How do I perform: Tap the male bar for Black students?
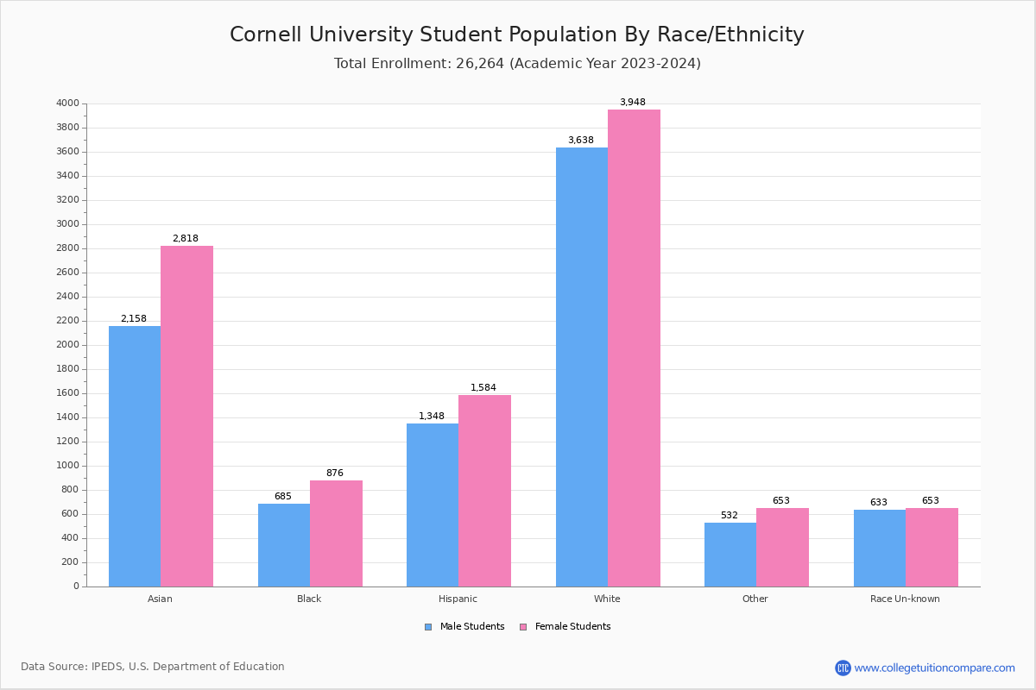point(284,544)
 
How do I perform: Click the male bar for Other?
point(730,554)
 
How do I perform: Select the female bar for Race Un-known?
point(932,547)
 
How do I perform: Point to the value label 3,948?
point(632,103)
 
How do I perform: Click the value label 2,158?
point(134,319)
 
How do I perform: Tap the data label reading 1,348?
point(432,417)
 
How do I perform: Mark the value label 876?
point(335,474)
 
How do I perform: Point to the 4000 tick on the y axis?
point(67,103)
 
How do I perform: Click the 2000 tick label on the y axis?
point(67,345)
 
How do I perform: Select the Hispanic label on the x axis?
point(458,599)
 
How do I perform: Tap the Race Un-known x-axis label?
point(905,599)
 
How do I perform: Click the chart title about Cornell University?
point(516,34)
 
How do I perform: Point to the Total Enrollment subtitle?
point(517,64)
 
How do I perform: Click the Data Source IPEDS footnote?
point(153,667)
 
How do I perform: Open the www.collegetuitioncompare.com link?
point(934,668)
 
